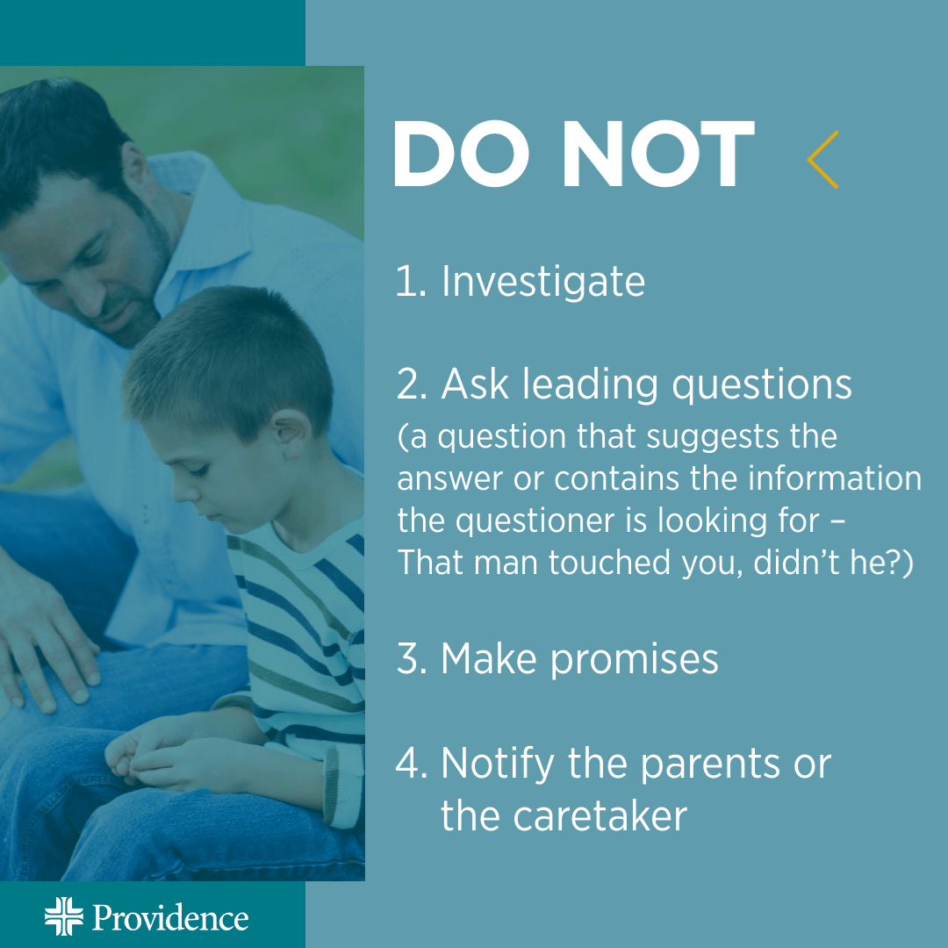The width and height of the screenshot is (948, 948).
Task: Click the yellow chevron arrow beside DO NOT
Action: point(822,160)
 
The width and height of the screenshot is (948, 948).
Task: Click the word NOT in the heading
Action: point(658,154)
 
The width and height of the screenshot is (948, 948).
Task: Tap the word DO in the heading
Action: point(462,154)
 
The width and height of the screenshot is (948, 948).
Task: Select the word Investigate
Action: point(543,282)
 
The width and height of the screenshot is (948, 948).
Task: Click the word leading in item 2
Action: point(590,385)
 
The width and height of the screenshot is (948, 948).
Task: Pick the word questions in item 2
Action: point(762,386)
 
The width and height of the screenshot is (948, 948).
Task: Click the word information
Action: point(835,478)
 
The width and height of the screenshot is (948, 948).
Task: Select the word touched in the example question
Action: point(610,563)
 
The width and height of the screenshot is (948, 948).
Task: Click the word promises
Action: point(635,660)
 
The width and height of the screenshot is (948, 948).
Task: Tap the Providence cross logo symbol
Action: point(64,916)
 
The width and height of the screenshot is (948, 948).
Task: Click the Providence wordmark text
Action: point(170,918)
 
